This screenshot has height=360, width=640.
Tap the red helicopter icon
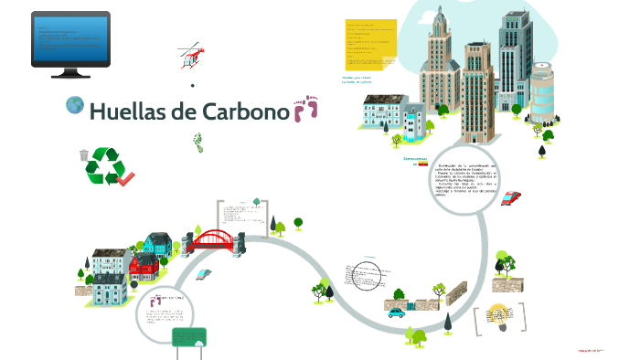coord(190,55)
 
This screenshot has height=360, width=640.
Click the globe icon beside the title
coord(75,106)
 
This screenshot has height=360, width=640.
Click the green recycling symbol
coord(104,165)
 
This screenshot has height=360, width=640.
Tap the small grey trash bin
coord(84,155)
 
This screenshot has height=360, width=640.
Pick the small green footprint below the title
coord(197,142)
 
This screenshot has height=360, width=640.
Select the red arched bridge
coord(214,239)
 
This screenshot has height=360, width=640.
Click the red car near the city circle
coord(511,196)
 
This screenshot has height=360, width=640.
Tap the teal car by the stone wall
coord(396,312)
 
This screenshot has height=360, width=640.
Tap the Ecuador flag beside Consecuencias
coord(423,164)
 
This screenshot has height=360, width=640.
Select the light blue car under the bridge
coord(202,273)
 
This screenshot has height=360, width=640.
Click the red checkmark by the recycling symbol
coord(126,177)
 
